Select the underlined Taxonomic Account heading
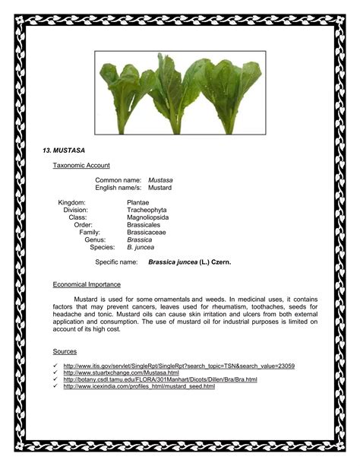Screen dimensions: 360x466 (x=81, y=165)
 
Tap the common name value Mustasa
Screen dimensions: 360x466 (x=160, y=179)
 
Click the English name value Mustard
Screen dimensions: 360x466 (x=159, y=187)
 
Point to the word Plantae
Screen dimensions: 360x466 (x=138, y=202)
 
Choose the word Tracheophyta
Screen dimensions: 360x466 (x=147, y=210)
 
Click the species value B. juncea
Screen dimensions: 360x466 (x=141, y=247)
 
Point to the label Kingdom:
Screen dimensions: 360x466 (x=72, y=202)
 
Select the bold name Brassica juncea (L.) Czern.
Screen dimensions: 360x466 (x=189, y=262)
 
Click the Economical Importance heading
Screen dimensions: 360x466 (x=87, y=284)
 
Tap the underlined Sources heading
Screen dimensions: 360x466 (x=65, y=351)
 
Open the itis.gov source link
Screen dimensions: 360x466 (x=179, y=366)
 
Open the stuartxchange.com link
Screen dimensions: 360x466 (x=122, y=372)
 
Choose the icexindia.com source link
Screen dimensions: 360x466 (x=139, y=386)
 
